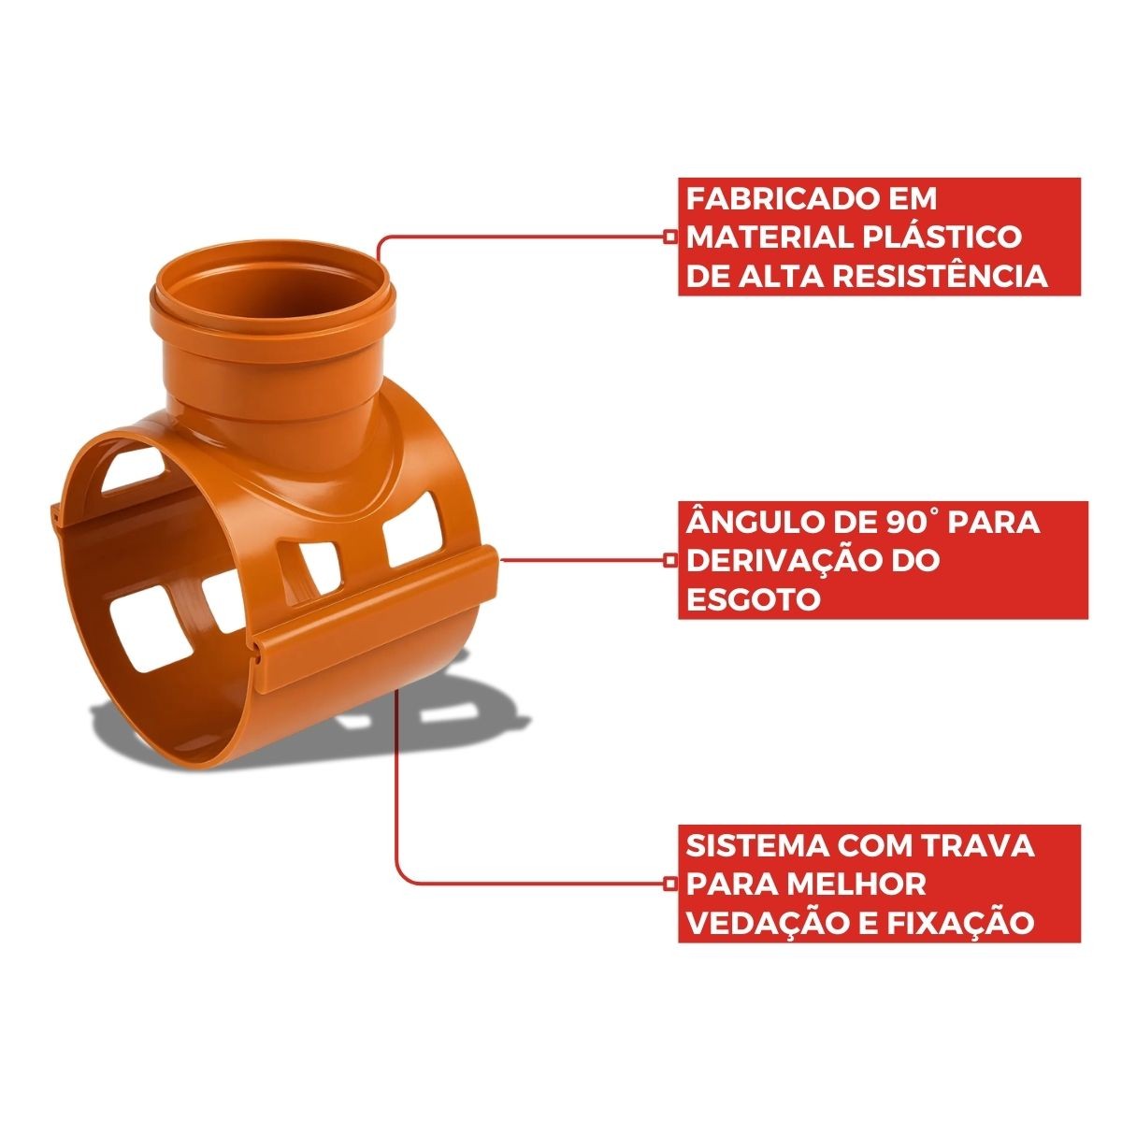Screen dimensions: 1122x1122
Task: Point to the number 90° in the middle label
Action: [905, 523]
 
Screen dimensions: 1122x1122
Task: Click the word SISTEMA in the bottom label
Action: [753, 846]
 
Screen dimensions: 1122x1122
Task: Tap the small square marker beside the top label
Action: [670, 237]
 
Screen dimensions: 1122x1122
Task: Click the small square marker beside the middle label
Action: [670, 559]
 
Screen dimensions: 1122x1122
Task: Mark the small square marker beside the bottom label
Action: [670, 884]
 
